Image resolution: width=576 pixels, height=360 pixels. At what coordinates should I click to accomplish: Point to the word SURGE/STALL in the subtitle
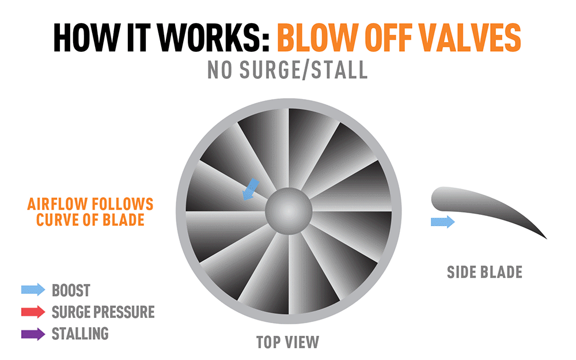[x=304, y=70]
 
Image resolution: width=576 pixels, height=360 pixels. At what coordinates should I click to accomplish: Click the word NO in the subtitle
[x=219, y=70]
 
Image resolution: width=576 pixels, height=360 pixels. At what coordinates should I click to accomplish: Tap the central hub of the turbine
[x=289, y=211]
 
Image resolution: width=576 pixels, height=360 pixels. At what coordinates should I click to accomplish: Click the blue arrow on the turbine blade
[x=251, y=190]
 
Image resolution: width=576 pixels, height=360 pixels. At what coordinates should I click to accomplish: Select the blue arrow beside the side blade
[x=442, y=222]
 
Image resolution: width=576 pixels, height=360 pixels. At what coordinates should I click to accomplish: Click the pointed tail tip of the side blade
[x=547, y=239]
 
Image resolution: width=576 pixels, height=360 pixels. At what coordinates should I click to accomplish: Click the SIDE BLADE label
[x=484, y=272]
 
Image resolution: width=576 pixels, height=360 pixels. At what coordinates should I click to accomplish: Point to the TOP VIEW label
[x=287, y=342]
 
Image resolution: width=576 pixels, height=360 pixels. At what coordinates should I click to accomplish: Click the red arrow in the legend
[x=33, y=312]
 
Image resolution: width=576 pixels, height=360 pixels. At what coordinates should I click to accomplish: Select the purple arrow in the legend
[x=33, y=334]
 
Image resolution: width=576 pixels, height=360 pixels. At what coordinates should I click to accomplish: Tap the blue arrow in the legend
[x=33, y=290]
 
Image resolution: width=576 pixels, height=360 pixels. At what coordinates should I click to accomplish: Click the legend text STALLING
[x=80, y=334]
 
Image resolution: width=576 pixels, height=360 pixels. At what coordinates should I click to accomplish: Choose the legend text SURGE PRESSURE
[x=103, y=312]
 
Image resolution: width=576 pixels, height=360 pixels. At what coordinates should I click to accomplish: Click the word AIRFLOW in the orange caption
[x=57, y=204]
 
